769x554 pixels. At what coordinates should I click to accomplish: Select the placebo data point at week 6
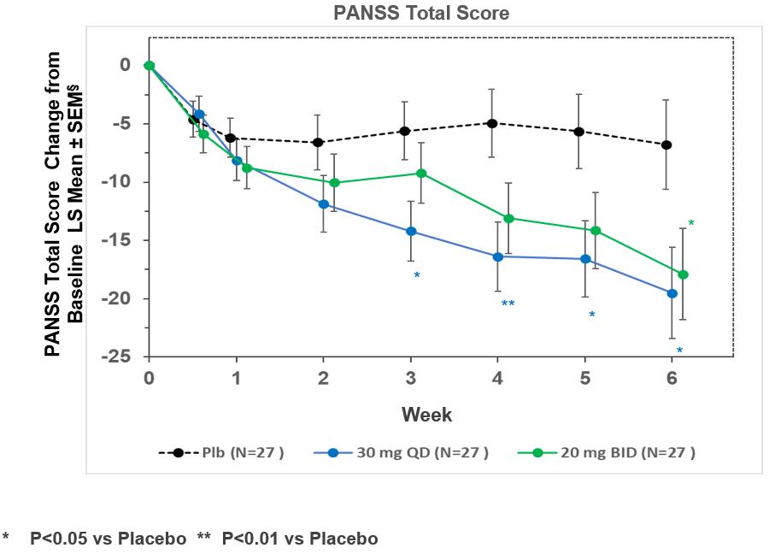[x=666, y=145]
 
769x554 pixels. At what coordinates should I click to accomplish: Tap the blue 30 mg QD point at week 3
[x=411, y=231]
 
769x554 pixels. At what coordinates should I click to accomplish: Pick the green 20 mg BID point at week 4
[x=509, y=218]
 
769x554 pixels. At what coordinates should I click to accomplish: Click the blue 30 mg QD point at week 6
[x=672, y=293]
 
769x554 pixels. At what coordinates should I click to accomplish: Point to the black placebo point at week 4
[x=491, y=123]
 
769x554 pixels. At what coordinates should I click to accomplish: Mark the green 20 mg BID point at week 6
[x=683, y=274]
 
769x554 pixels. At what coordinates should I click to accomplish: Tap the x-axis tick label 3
[x=410, y=378]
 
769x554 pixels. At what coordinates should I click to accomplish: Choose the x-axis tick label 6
[x=672, y=378]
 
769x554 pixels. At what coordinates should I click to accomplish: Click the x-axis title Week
[x=427, y=415]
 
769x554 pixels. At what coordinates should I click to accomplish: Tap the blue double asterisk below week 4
[x=508, y=304]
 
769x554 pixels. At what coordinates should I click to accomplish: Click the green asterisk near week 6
[x=691, y=224]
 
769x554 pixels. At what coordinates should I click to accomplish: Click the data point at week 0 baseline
[x=150, y=65]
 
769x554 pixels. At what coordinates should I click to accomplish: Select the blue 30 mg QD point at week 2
[x=324, y=203]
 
